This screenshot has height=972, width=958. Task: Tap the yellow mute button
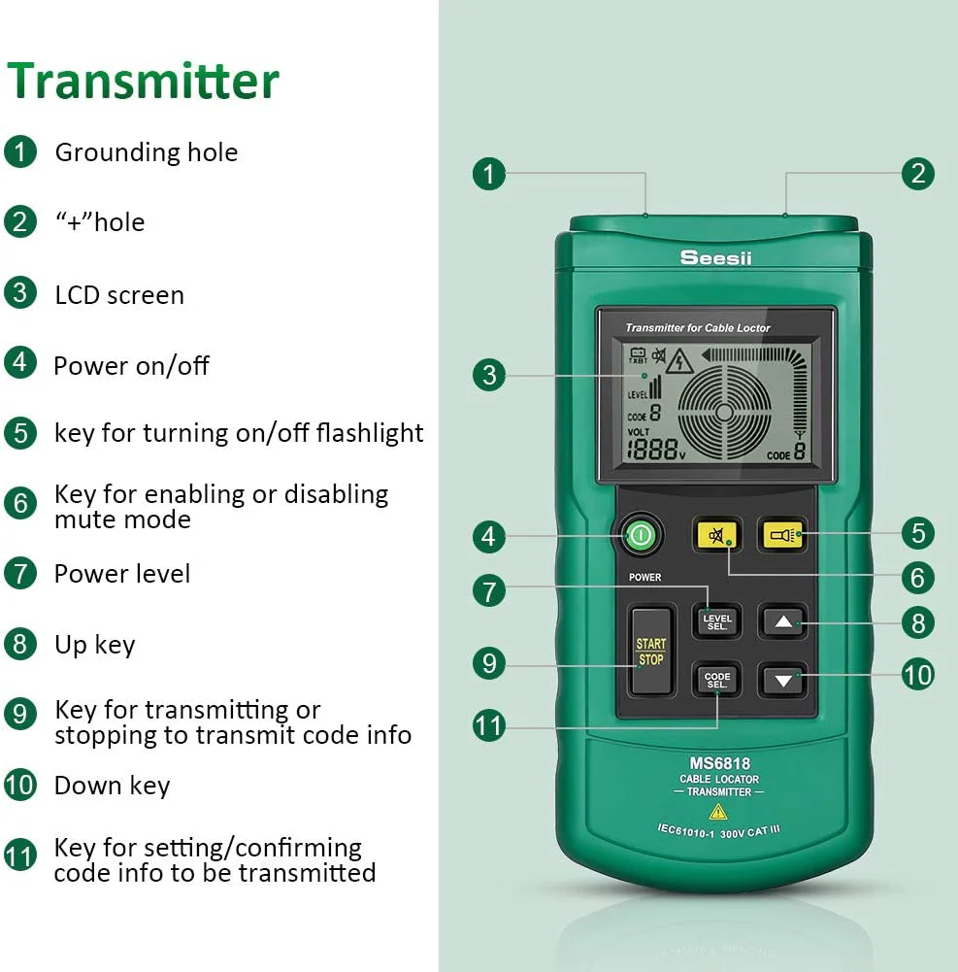tap(716, 536)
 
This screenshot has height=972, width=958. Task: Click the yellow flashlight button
tap(782, 535)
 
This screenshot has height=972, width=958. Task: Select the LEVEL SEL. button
tap(717, 621)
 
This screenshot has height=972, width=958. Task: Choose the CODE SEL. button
tap(717, 680)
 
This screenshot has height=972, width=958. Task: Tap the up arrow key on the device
tap(783, 621)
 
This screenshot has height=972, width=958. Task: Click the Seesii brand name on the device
tap(715, 257)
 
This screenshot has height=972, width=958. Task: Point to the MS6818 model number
tap(719, 763)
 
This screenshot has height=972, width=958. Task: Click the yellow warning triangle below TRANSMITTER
tap(717, 812)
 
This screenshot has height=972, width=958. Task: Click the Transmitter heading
tap(143, 82)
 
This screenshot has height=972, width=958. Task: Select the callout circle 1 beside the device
tap(489, 174)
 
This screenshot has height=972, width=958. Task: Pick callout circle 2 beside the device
tap(918, 174)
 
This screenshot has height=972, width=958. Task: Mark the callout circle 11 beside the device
tap(489, 726)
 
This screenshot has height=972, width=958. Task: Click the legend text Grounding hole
tap(147, 152)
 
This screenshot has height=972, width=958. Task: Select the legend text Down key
tap(113, 786)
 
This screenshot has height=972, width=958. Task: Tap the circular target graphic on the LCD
tap(724, 413)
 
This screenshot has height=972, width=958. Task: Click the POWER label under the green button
tap(645, 577)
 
